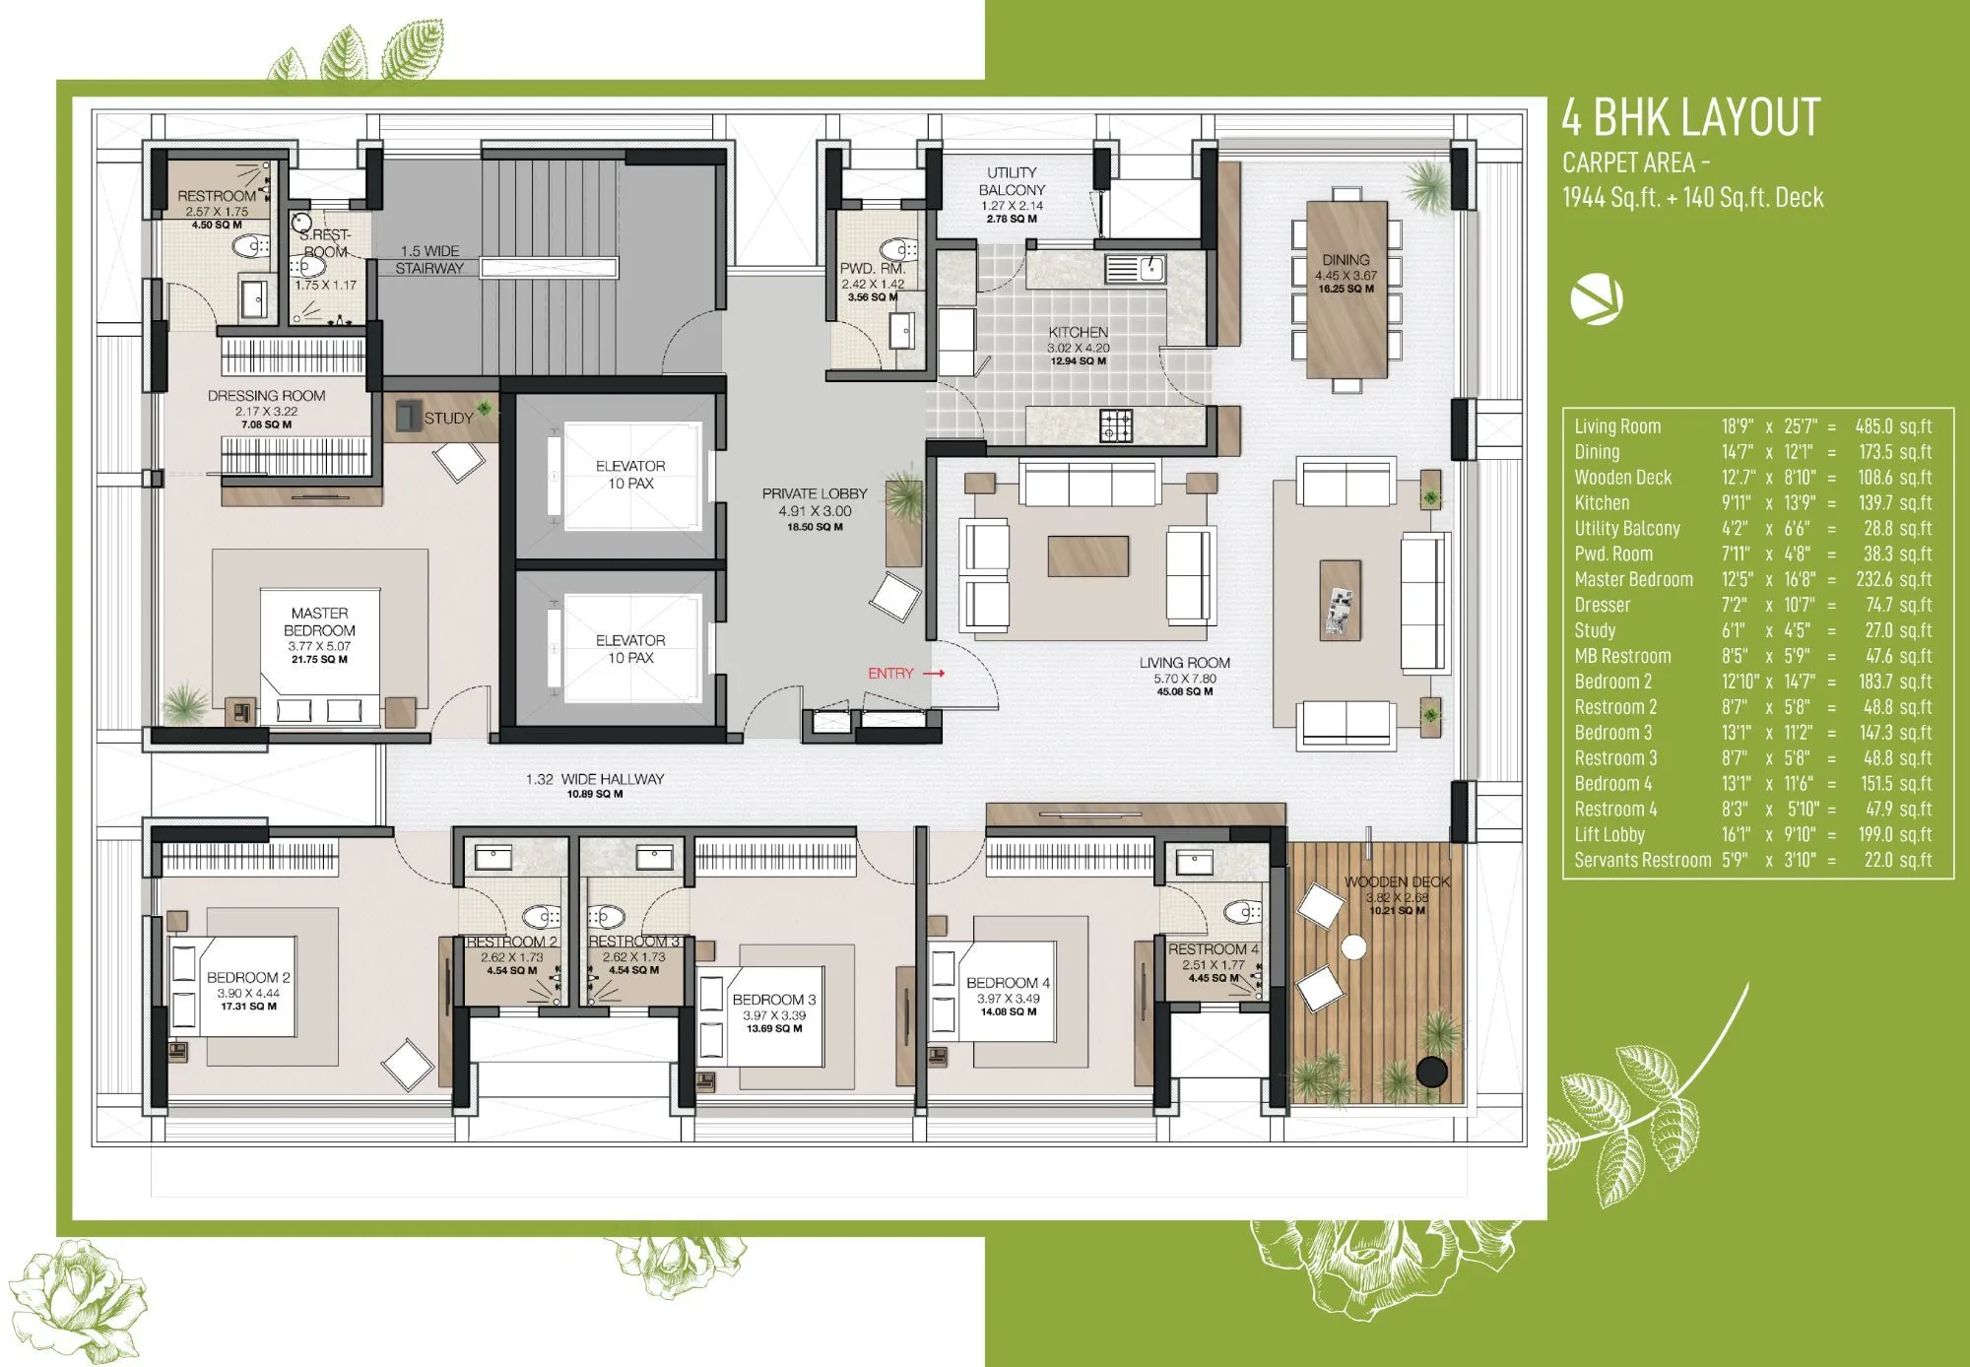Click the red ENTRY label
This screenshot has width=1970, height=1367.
point(890,674)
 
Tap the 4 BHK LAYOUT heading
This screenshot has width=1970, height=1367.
point(1690,118)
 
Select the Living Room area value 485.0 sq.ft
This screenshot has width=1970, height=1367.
point(1893,426)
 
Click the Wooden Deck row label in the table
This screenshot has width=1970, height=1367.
point(1622,478)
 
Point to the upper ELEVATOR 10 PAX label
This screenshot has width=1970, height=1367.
point(630,475)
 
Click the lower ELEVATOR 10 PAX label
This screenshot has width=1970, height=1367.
point(630,649)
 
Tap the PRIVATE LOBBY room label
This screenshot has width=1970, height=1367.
point(815,502)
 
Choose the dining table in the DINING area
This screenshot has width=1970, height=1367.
point(1346,289)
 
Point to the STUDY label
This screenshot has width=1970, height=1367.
point(448,419)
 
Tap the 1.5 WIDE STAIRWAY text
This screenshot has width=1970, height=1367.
point(429,260)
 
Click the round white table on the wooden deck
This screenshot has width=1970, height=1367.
point(1354,947)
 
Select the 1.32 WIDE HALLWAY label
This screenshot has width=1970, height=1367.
point(595,779)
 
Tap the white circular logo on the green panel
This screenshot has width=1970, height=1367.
point(1596,300)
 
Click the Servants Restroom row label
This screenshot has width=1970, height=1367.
point(1642,861)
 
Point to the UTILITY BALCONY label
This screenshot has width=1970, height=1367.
point(1012,181)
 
